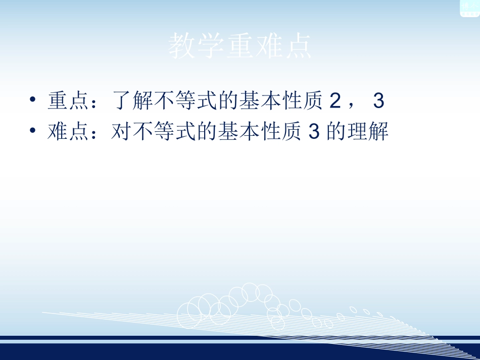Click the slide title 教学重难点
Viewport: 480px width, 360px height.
pyautogui.click(x=240, y=47)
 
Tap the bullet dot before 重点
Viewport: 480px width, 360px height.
pyautogui.click(x=33, y=100)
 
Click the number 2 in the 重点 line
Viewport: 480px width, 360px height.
pyautogui.click(x=334, y=101)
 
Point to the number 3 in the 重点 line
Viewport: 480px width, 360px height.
pyautogui.click(x=378, y=101)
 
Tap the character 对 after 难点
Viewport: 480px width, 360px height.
pyautogui.click(x=120, y=132)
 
